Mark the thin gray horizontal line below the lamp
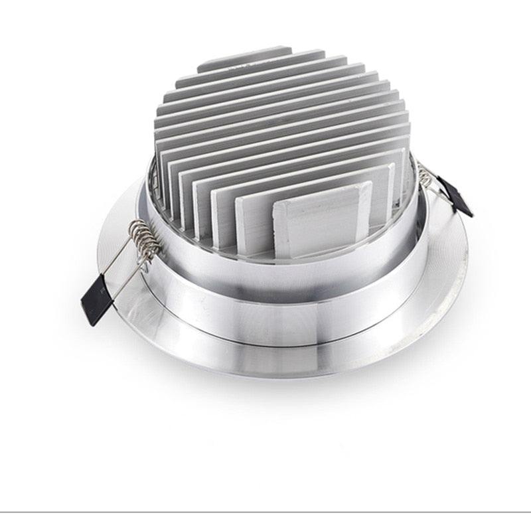pos(265,511)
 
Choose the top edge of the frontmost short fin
pos(323,188)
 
